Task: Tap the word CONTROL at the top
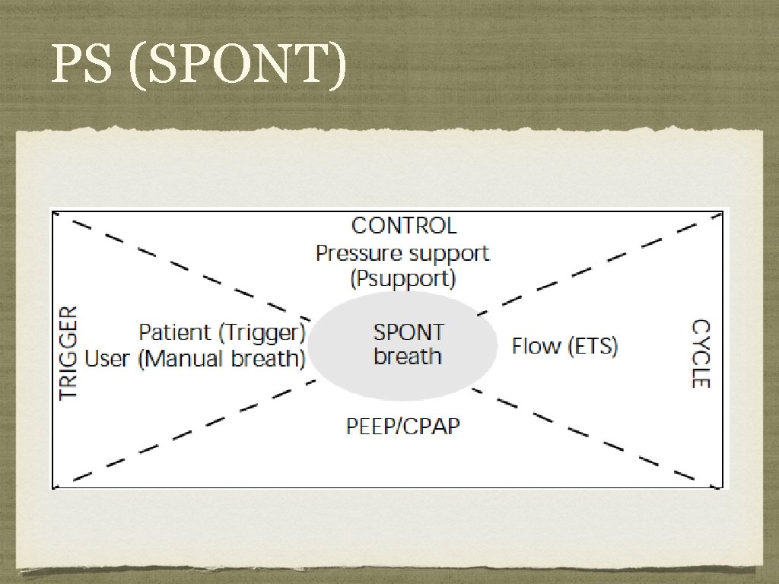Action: pos(404,226)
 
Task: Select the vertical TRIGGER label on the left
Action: pos(68,353)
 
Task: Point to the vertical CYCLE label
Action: pos(700,354)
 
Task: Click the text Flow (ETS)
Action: pos(564,347)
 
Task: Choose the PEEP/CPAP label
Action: pos(403,427)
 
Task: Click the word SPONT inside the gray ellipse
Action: pos(409,332)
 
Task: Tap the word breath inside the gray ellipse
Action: pos(408,357)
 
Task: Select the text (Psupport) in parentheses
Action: pos(403,279)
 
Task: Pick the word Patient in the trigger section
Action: pos(174,332)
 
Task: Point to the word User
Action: pos(108,358)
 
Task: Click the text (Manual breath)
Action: pos(221,358)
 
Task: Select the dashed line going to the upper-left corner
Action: pos(190,265)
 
